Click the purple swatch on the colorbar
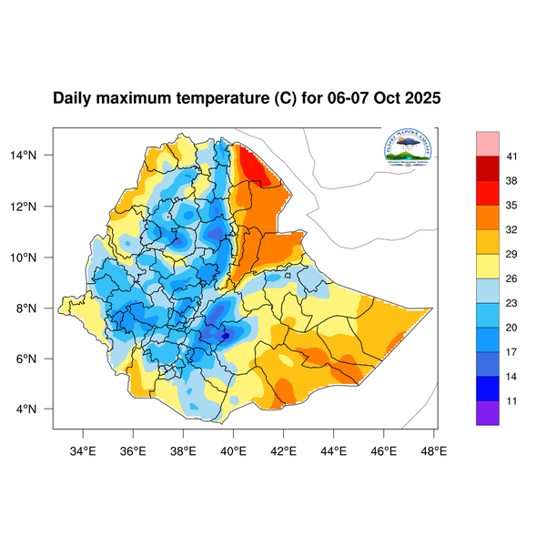click(487, 412)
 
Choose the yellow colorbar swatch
click(487, 266)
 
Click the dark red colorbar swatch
click(487, 168)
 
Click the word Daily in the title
click(73, 98)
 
